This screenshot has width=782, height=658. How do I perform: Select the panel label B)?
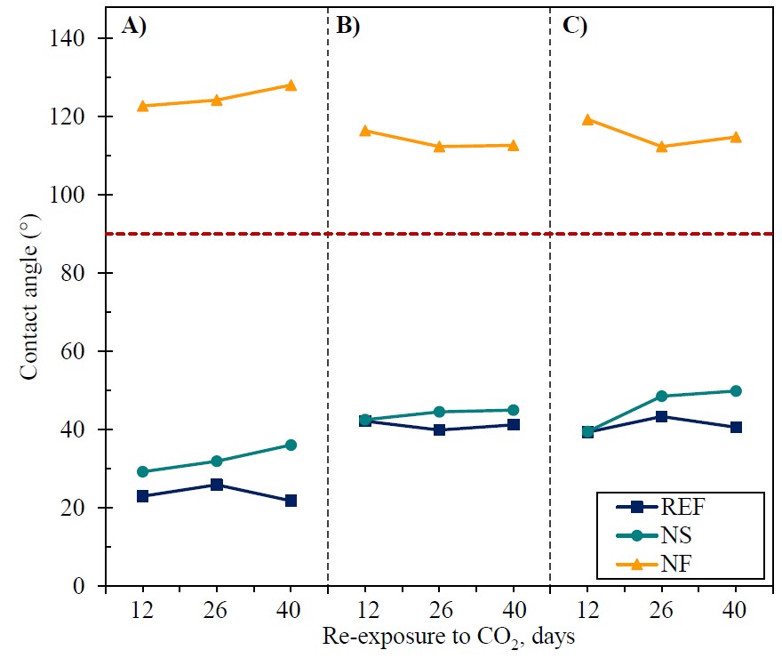347,26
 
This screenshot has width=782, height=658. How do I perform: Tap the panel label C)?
575,26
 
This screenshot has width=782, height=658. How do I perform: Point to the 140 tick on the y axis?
78,39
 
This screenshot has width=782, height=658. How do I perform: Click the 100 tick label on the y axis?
78,195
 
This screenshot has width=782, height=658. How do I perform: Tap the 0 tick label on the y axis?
89,586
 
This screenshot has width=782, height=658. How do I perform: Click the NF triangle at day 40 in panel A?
291,85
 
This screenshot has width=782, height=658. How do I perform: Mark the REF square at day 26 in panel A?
217,485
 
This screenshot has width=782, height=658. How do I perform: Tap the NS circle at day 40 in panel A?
291,445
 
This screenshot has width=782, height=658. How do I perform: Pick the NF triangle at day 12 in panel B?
365,131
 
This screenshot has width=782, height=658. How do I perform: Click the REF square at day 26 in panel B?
439,429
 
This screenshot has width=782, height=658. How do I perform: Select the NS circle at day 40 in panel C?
736,391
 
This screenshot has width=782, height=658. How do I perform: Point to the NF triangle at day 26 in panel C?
661,146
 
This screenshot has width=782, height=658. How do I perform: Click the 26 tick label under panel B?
439,611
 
